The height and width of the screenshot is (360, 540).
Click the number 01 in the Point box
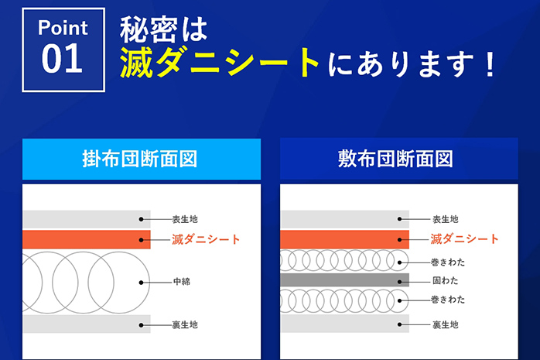click(63, 60)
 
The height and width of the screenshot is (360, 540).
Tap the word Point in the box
click(63, 29)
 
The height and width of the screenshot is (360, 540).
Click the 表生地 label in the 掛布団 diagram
click(185, 219)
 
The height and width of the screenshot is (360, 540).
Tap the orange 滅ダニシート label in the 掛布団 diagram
click(206, 239)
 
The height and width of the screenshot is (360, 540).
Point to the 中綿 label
click(181, 282)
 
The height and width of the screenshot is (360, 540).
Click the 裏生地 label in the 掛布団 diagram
click(185, 324)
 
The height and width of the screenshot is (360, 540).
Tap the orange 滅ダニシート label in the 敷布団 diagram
click(465, 239)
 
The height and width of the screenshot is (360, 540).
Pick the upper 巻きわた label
click(448, 262)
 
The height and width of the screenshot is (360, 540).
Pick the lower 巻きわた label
click(448, 300)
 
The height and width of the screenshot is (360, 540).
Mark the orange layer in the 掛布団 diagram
click(85, 239)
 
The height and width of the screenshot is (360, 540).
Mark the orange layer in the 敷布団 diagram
click(343, 239)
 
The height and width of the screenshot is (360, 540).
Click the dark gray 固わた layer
click(343, 279)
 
